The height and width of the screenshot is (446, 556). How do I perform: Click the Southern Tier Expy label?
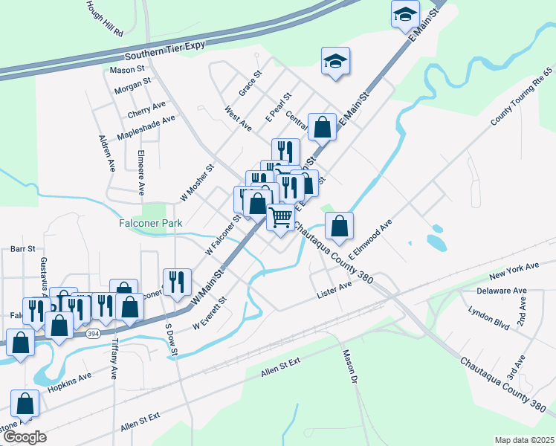point(164,56)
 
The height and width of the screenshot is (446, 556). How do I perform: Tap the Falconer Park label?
point(145,222)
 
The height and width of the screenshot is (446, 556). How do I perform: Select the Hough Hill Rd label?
point(104,19)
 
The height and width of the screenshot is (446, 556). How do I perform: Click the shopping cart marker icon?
point(280,217)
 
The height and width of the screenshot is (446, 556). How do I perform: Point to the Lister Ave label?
point(334,287)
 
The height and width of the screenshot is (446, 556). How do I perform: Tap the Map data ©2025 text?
point(523,439)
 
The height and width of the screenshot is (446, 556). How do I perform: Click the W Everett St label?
point(209,314)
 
